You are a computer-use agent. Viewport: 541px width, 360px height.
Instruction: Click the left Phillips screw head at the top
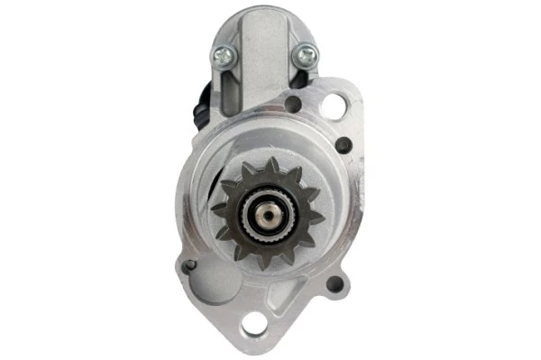tap(221, 56)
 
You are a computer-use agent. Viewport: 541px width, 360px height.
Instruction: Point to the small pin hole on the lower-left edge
tap(188, 266)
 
